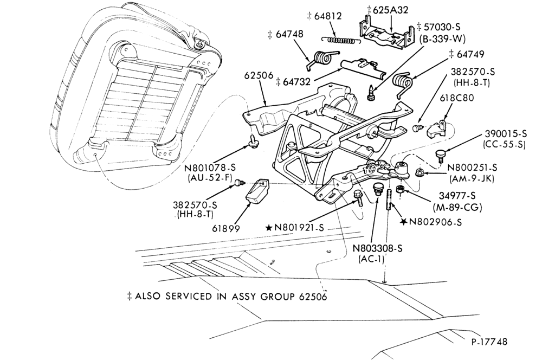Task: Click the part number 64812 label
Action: coord(328,16)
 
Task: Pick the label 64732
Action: coord(296,82)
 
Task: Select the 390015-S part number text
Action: coord(506,134)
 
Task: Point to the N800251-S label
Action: coord(472,168)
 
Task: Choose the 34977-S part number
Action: coord(456,195)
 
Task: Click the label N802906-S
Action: coord(436,222)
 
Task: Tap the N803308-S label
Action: coord(377,248)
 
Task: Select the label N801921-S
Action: coord(299,228)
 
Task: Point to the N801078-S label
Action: coord(210,168)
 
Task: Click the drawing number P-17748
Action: coord(489,342)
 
